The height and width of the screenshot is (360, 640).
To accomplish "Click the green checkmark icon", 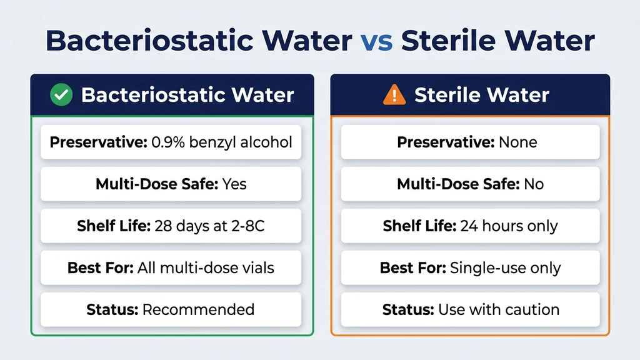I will tap(61, 95).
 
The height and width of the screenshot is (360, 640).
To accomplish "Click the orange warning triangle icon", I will tap(394, 95).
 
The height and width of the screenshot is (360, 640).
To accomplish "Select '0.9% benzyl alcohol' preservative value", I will tap(222, 142).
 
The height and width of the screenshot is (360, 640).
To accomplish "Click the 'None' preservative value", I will tap(517, 142).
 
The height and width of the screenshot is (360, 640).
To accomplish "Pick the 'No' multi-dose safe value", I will tap(534, 184).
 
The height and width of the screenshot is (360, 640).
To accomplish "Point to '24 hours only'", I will tap(509, 226).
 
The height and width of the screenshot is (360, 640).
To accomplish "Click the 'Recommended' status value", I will tap(198, 309).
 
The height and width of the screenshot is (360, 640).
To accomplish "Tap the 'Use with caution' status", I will tap(498, 309).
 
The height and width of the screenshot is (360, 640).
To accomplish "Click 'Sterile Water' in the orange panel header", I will tap(481, 95).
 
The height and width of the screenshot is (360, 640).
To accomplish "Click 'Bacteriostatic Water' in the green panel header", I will tap(187, 95).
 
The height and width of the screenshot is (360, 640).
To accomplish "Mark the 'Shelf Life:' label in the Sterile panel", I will tap(419, 226).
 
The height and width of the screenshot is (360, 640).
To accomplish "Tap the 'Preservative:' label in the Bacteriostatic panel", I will tap(98, 142).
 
